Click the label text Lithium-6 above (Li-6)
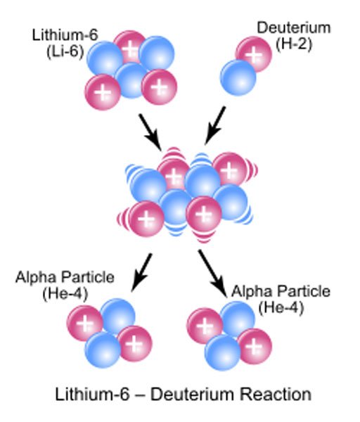tap(65, 35)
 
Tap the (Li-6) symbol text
tap(65, 51)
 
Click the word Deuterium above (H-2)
tap(294, 27)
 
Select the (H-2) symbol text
tap(294, 44)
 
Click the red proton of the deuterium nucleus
tap(254, 53)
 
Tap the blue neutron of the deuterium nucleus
tap(238, 77)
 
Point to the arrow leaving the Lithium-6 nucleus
tap(150, 132)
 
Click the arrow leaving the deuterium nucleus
tap(215, 125)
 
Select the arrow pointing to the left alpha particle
tap(141, 273)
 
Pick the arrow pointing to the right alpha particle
tap(212, 274)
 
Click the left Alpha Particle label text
tap(65, 277)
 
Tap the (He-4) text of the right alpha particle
tap(281, 307)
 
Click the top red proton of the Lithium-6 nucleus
tap(129, 47)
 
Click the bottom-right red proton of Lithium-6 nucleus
tap(159, 87)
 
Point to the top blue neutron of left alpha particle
tap(117, 316)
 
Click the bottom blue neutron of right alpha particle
tap(222, 352)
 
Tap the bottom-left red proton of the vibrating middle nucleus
tap(146, 219)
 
